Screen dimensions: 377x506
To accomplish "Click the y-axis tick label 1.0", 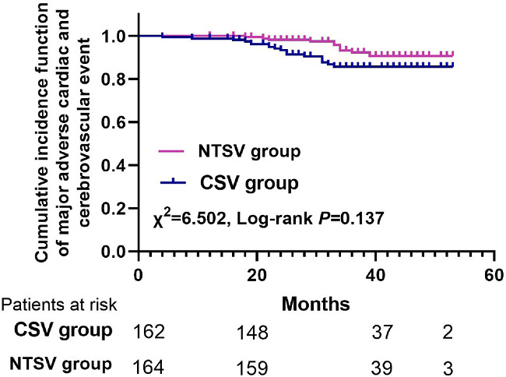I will pos(114,36).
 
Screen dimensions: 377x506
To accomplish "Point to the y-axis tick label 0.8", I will pos(114,79).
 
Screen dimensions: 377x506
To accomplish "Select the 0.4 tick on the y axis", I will pos(114,166).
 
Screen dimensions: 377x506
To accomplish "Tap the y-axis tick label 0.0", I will pos(114,252).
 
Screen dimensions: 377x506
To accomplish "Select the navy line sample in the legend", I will pos(170,185).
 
